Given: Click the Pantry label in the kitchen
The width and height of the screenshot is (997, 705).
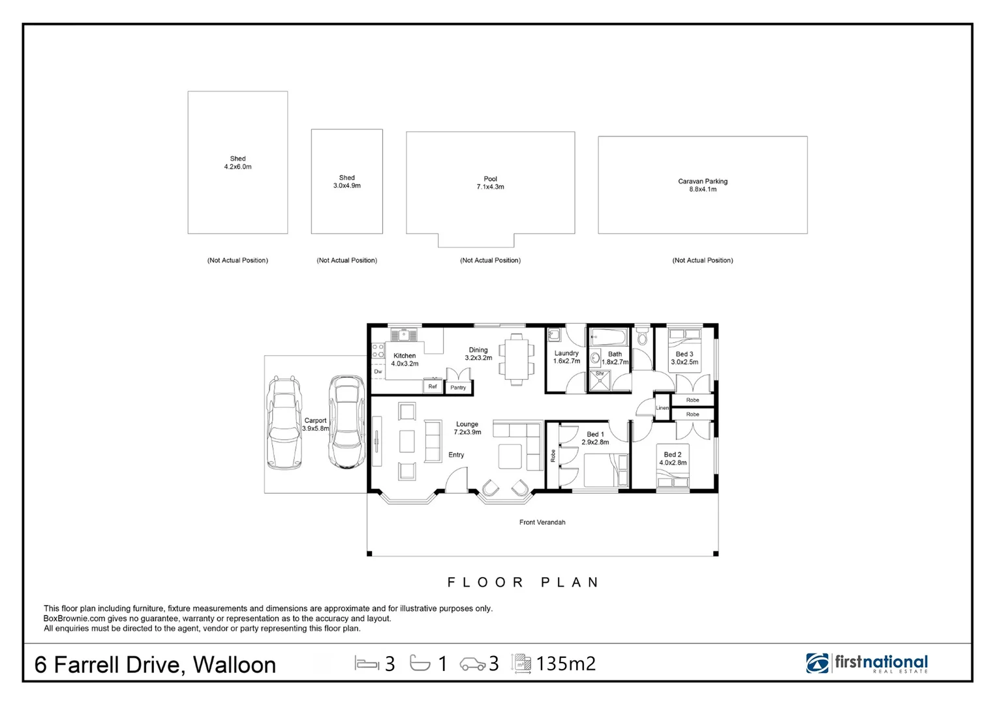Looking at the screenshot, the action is click(458, 388).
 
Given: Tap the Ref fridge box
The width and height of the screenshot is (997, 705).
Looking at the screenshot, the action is click(433, 386).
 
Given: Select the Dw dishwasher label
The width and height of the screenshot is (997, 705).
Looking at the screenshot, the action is click(378, 371).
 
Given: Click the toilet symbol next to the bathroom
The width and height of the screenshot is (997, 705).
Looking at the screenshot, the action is click(641, 336).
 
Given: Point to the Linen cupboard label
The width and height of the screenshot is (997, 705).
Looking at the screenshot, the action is click(662, 408).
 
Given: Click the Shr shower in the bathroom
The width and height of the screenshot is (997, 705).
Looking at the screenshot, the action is click(600, 381).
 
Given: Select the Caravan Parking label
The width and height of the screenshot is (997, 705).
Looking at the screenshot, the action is click(703, 181).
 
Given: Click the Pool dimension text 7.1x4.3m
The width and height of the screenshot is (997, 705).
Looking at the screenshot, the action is click(491, 187).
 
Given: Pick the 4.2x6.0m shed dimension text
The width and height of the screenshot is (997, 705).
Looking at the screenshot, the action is click(238, 167).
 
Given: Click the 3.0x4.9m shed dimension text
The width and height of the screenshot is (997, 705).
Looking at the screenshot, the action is click(347, 185).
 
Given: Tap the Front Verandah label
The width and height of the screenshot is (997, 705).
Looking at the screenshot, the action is click(542, 522).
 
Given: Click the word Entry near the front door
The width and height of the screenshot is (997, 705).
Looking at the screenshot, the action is click(456, 455).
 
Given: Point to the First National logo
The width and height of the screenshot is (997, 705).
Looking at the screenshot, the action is click(867, 663).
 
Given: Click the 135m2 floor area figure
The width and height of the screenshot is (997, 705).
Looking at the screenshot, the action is click(566, 664).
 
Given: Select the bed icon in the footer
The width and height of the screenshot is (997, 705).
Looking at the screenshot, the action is click(367, 663).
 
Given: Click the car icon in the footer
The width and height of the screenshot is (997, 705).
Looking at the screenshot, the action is click(472, 664).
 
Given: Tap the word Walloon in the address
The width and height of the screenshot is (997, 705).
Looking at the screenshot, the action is click(234, 665).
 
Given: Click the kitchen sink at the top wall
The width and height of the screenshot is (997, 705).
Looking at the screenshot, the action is click(404, 335).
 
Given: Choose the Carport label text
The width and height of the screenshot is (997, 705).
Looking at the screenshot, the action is click(315, 420).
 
